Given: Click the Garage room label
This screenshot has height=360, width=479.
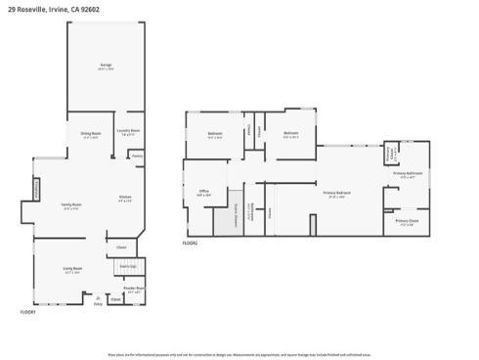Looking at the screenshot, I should tap(106, 66).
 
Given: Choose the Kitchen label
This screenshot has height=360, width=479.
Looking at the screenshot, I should tap(125, 199).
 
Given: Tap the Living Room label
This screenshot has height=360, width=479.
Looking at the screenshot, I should tap(72, 269).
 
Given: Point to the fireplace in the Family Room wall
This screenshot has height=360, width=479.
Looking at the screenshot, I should tap(37, 190).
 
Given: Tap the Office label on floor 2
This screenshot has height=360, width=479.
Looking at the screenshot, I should tap(204, 192).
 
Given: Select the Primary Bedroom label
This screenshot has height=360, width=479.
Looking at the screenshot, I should tap(337, 194).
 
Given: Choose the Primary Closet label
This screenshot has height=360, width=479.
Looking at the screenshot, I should tap(407, 222).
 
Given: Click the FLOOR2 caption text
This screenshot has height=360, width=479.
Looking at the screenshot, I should tap(190, 243).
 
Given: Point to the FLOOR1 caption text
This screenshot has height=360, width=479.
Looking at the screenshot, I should tap(28, 312).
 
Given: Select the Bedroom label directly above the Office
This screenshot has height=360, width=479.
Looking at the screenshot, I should tap(215, 134).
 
